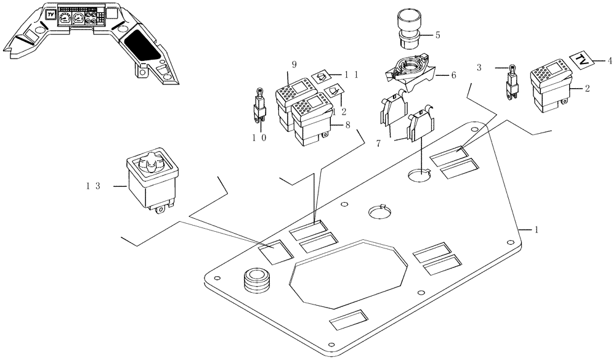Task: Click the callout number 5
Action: (437, 35)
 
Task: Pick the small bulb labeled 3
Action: (512, 84)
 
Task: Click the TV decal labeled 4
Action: (582, 60)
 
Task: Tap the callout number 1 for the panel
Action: (537, 229)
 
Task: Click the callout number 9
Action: (294, 64)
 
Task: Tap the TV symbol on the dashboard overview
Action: (52, 14)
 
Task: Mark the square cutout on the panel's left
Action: (274, 252)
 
